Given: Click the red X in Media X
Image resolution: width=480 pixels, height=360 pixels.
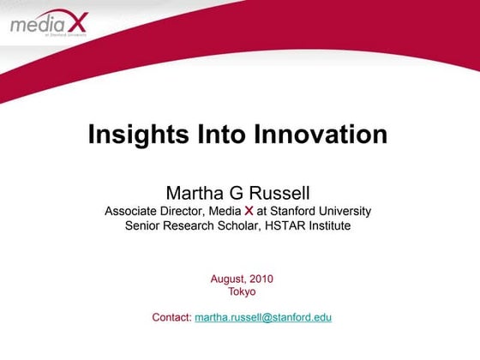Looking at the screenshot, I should coord(249,211).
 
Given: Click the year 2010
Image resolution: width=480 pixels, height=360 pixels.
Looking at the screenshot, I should coord(261,279).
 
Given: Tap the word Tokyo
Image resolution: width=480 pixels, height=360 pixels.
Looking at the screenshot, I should coord(242,291).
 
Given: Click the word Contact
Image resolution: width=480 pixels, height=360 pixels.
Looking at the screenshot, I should coord(171,317).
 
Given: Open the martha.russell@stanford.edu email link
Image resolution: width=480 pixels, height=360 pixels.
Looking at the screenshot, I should coord(263,317).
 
